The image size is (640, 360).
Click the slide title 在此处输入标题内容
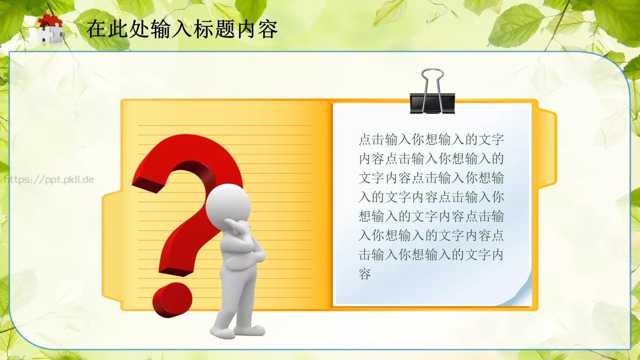click(182, 29)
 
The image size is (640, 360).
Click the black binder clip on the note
click(432, 102)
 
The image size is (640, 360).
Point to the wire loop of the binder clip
click(432, 78)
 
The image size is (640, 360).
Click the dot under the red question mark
click(172, 299)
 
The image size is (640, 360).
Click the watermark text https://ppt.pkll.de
click(49, 180)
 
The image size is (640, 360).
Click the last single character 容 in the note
click(365, 274)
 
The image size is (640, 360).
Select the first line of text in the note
click(431, 140)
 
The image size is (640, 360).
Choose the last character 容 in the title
click(268, 29)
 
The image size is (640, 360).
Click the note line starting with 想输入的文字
click(431, 216)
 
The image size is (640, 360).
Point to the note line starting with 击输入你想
click(431, 255)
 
